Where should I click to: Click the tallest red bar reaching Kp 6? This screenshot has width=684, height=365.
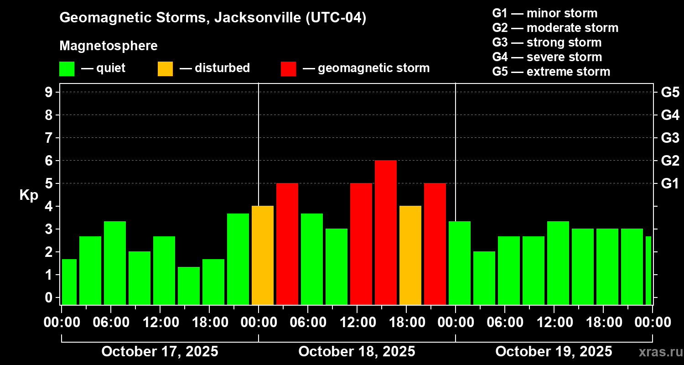386,233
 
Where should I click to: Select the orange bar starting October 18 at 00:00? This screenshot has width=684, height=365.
263,255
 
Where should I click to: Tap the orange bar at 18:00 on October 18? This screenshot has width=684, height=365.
410,255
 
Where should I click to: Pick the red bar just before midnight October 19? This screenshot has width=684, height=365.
435,244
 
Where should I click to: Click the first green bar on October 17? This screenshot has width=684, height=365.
69,282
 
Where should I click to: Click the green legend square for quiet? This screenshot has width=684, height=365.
67,68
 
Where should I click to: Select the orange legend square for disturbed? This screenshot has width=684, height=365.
165,68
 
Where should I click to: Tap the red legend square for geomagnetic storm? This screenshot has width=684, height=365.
288,68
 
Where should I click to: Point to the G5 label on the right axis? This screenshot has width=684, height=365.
670,93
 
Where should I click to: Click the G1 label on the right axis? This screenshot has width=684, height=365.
670,184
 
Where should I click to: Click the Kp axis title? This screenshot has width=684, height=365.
29,195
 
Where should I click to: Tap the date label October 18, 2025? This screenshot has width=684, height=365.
357,352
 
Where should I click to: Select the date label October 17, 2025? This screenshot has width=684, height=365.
160,352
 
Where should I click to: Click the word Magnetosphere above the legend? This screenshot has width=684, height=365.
109,46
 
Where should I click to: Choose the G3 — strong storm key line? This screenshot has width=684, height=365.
547,42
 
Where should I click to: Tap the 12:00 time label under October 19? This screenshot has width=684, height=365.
554,323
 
